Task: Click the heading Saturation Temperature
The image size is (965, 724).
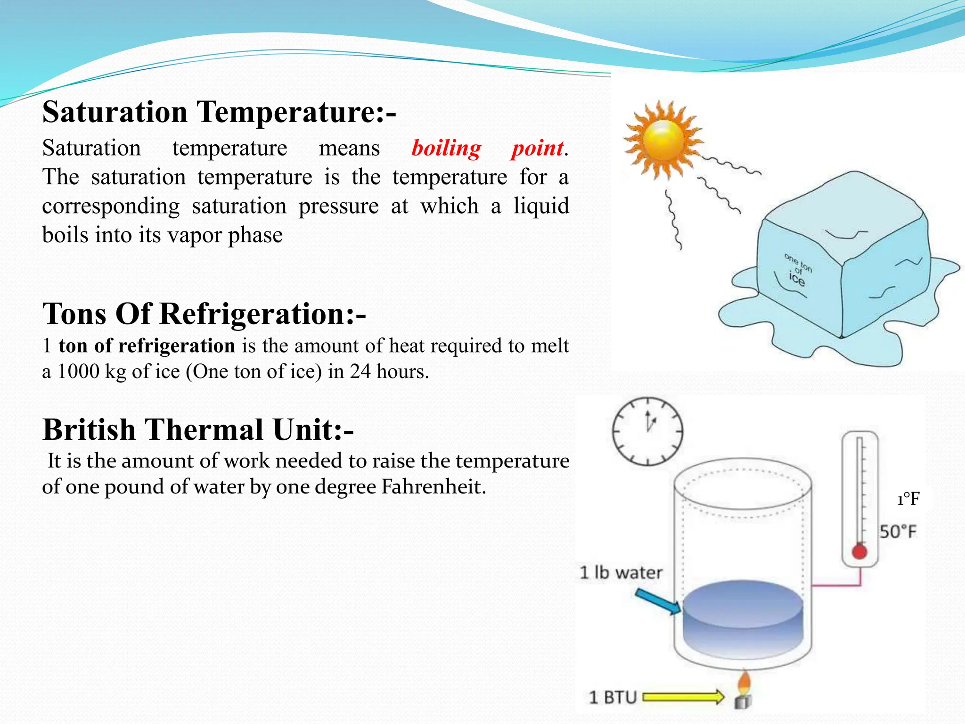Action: [x=219, y=112]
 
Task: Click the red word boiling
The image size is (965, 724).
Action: [x=446, y=148]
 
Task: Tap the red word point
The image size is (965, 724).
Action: [x=537, y=148]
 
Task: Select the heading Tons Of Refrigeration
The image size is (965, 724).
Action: [x=204, y=314]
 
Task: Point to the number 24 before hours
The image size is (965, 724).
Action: [x=360, y=372]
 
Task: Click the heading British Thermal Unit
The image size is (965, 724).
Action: [x=198, y=429]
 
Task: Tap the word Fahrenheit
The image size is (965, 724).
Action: [x=433, y=487]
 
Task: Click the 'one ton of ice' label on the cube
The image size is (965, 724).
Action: [x=797, y=270]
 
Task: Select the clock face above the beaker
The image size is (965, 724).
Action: [x=647, y=431]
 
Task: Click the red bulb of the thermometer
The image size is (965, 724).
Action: [x=859, y=551]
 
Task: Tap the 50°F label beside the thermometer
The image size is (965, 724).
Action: [x=898, y=532]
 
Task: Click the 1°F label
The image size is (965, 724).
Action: [x=908, y=499]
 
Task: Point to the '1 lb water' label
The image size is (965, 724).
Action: [x=621, y=573]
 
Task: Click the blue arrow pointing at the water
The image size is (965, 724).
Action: [x=658, y=601]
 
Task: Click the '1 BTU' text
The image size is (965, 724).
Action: [x=613, y=697]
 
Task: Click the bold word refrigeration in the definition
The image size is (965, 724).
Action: [x=177, y=346]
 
